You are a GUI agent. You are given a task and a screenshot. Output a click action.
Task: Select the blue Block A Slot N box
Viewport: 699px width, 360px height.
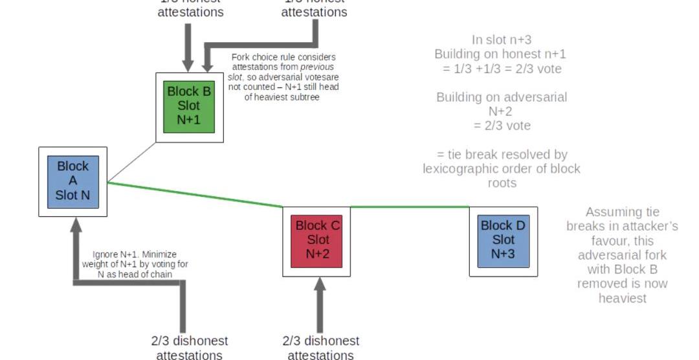73,181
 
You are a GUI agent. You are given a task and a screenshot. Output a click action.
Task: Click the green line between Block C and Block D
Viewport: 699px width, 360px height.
410,207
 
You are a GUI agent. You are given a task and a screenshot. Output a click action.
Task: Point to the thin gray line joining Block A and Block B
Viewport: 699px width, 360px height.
132,162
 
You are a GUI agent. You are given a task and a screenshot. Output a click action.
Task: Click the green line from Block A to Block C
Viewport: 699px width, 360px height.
194,195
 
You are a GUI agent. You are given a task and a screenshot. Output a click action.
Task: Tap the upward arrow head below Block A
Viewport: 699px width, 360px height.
76,225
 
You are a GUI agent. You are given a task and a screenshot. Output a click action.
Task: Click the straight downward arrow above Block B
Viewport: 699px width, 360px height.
188,45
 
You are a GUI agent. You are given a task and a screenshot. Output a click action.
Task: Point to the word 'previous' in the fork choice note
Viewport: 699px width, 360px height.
316,67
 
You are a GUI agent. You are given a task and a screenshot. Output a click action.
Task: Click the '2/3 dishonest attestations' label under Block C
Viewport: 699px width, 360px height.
320,348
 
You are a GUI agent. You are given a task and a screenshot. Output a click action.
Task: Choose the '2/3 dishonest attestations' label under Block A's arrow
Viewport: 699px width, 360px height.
189,348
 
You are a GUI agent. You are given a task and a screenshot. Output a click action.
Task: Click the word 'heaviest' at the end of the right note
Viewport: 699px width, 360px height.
622,298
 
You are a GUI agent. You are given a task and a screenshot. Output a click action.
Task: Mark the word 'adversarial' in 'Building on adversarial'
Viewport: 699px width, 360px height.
535,97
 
